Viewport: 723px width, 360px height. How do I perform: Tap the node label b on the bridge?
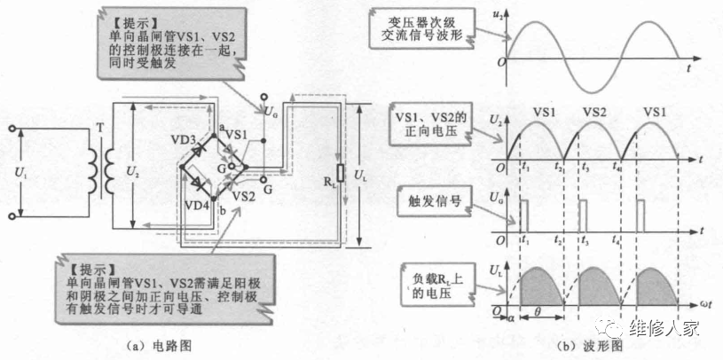[x=222, y=211]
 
